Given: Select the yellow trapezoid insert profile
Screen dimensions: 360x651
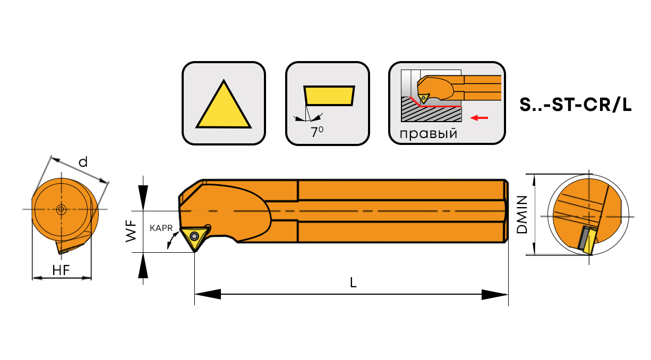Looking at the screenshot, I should pos(329,96).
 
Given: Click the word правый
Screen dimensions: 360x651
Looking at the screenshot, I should pos(429,133).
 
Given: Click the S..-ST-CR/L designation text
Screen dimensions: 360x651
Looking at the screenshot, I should pos(576,106).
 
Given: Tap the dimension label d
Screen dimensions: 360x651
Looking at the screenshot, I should pos(83,162).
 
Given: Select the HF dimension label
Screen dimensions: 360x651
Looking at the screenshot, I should pos(62,270).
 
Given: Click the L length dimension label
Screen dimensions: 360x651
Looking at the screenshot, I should pos(353,283).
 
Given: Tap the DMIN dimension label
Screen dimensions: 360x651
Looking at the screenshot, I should pos(522,215).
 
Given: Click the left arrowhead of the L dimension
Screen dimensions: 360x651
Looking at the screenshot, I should pos(208,294).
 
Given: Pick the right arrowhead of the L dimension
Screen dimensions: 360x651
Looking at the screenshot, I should pos(495,294).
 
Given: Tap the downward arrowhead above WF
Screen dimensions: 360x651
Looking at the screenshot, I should pos(143,196).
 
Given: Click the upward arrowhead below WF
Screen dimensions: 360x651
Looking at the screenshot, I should pos(143,265).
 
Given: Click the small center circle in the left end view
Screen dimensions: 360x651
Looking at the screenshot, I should pos(61,209).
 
